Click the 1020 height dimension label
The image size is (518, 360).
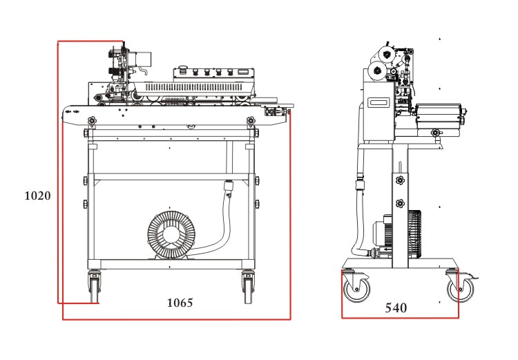(37, 196)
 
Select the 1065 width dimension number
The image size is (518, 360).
(180, 303)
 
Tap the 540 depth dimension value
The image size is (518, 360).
(396, 307)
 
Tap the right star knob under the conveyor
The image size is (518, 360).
(250, 122)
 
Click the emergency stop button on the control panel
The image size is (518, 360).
(183, 69)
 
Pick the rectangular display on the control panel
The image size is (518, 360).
(242, 72)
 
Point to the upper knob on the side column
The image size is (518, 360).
(399, 180)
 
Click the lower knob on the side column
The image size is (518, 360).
(399, 204)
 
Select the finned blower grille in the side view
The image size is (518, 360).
(414, 234)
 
